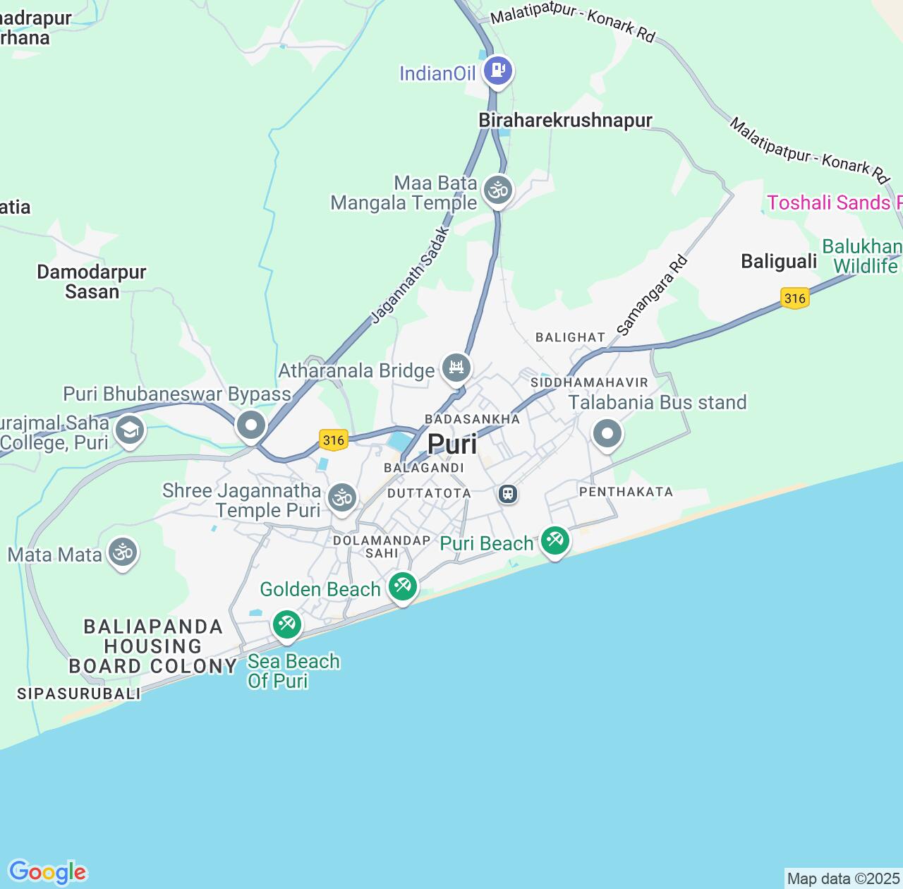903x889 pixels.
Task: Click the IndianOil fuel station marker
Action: tap(498, 71)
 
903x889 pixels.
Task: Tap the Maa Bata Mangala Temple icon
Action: tap(498, 190)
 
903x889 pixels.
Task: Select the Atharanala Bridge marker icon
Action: tap(456, 367)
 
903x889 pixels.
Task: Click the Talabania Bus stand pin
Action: tap(607, 433)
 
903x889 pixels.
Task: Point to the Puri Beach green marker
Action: tap(555, 541)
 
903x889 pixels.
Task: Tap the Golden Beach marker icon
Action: tap(403, 586)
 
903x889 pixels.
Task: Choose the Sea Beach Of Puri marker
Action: tap(287, 624)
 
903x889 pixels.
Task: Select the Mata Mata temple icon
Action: tap(123, 552)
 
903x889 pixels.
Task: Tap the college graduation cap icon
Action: tap(130, 430)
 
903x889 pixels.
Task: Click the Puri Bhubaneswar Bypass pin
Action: tap(251, 425)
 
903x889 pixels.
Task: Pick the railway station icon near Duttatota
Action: tap(508, 494)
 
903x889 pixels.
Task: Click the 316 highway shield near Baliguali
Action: tap(794, 298)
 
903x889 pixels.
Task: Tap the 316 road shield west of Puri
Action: tap(334, 440)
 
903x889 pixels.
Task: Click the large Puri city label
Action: tap(452, 445)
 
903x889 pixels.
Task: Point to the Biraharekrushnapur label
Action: tap(565, 121)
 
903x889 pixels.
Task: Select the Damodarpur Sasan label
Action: tap(92, 282)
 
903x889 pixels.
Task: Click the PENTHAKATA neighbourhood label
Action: tap(626, 492)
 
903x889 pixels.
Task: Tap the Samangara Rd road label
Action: tap(652, 296)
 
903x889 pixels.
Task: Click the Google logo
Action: tap(47, 872)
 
